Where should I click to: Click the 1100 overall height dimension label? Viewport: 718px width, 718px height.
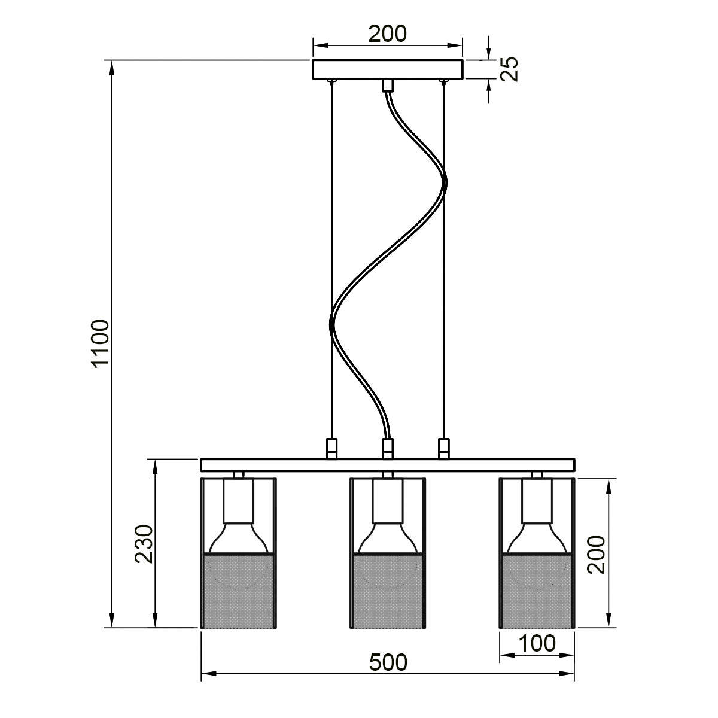[101, 344]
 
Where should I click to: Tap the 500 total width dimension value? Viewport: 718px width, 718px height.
[388, 662]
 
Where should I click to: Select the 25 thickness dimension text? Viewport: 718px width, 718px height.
[509, 69]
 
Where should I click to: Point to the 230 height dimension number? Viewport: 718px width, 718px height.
[144, 544]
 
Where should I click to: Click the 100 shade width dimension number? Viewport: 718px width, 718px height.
[537, 643]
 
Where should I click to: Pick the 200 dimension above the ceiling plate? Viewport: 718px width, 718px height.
[388, 34]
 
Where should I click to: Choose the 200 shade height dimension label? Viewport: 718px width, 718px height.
[596, 555]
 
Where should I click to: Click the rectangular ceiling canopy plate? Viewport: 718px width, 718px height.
[388, 69]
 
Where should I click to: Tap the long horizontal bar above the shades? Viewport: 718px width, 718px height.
[388, 465]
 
